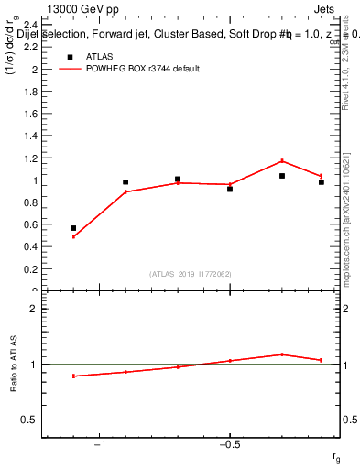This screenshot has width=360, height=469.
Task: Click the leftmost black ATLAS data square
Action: coord(73,228)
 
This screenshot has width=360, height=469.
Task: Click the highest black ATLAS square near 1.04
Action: coord(282,176)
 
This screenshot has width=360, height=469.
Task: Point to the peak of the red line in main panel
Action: coord(282,161)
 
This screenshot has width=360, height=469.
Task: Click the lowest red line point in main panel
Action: coord(73,236)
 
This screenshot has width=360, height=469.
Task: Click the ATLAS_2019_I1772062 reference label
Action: coord(191,274)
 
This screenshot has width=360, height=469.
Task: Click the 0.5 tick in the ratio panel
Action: coord(27,420)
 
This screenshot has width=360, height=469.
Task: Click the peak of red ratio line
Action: coord(282,354)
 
